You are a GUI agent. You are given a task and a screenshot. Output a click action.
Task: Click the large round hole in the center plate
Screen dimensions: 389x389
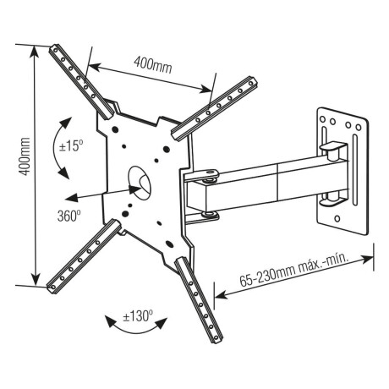pyautogui.click(x=138, y=177)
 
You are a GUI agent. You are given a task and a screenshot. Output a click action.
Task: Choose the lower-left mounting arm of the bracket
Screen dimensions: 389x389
pyautogui.click(x=81, y=254)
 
